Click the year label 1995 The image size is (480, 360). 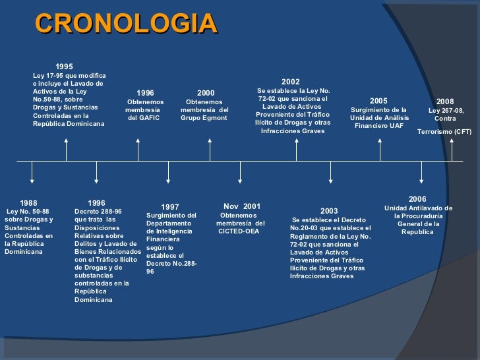pos(64,67)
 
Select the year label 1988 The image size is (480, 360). pos(28,202)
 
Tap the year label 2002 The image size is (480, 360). pos(290,82)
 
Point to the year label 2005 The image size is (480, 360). pos(378,101)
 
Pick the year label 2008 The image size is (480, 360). pos(445,102)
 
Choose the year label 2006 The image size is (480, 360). pos(417,199)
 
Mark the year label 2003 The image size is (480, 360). pos(329,211)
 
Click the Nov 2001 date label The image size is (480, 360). pos(242,206)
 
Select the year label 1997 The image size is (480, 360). pos(170,207)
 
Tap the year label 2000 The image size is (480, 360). pos(206,94)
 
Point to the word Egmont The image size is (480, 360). pos(214,119)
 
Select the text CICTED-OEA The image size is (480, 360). pos(239,231)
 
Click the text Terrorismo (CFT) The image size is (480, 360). pos(444,132)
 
